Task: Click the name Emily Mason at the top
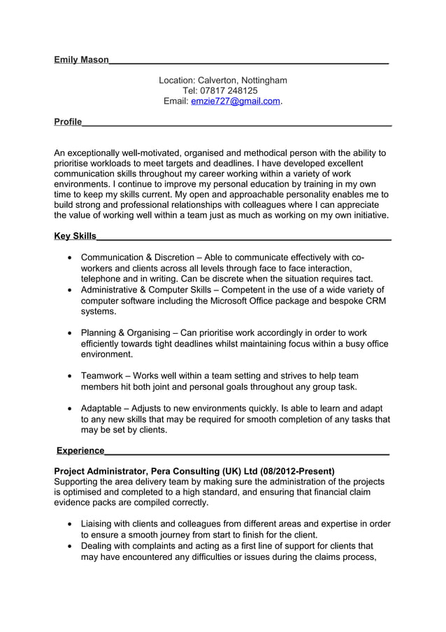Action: coord(81,60)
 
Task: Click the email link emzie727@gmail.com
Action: coord(235,101)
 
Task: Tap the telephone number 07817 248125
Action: coord(229,91)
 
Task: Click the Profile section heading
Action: coord(68,122)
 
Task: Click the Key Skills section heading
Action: coord(75,236)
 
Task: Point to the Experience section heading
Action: coord(80,450)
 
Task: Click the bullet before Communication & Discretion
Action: coord(69,258)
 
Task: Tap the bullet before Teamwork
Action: coord(69,376)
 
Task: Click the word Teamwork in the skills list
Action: coord(103,376)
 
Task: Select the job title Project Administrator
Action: coord(97,471)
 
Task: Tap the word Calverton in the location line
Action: coord(217,80)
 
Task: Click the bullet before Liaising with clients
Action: coord(69,524)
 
